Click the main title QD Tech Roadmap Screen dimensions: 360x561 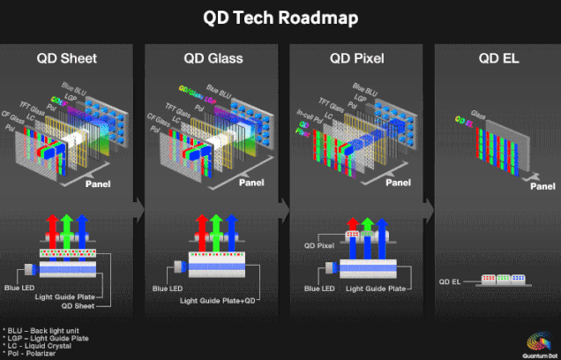click(x=280, y=17)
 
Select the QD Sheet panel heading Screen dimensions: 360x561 click(x=66, y=60)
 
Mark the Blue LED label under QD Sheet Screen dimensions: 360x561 click(x=21, y=289)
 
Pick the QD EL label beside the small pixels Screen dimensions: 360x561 click(x=451, y=281)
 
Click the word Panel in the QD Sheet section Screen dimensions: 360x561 click(x=99, y=186)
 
